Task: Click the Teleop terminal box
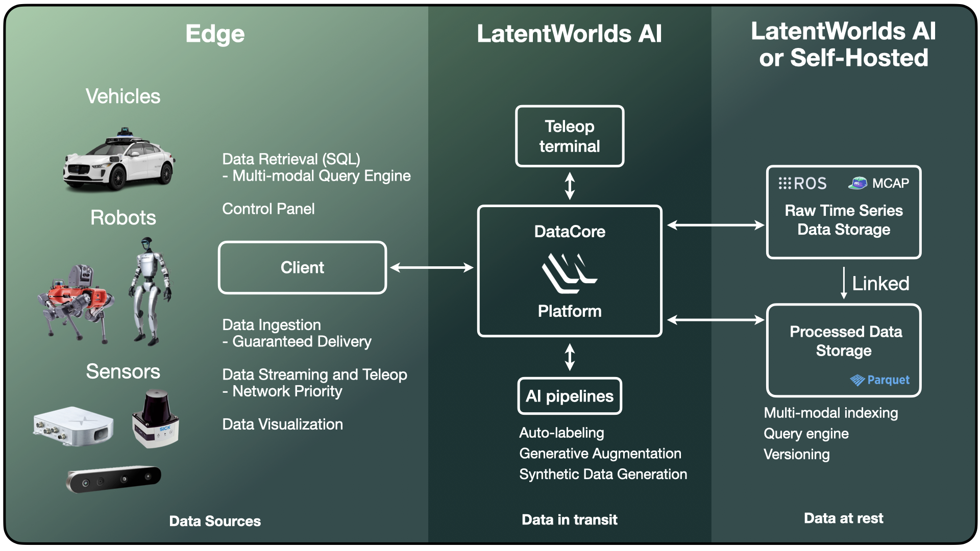coord(570,136)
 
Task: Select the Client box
coord(302,267)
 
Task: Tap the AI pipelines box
coord(570,396)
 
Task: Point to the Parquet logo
coord(879,380)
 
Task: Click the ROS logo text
coord(803,183)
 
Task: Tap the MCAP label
coord(890,183)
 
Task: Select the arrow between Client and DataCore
coord(432,267)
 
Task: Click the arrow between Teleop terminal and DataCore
coord(570,186)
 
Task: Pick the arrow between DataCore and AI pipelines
coord(570,357)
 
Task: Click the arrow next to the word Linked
coord(844,283)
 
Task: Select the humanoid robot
coord(150,291)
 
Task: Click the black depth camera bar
coord(114,479)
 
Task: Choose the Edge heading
coord(215,34)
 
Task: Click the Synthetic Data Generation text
coord(603,474)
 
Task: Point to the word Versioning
coord(796,455)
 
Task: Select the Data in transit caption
coord(569,520)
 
